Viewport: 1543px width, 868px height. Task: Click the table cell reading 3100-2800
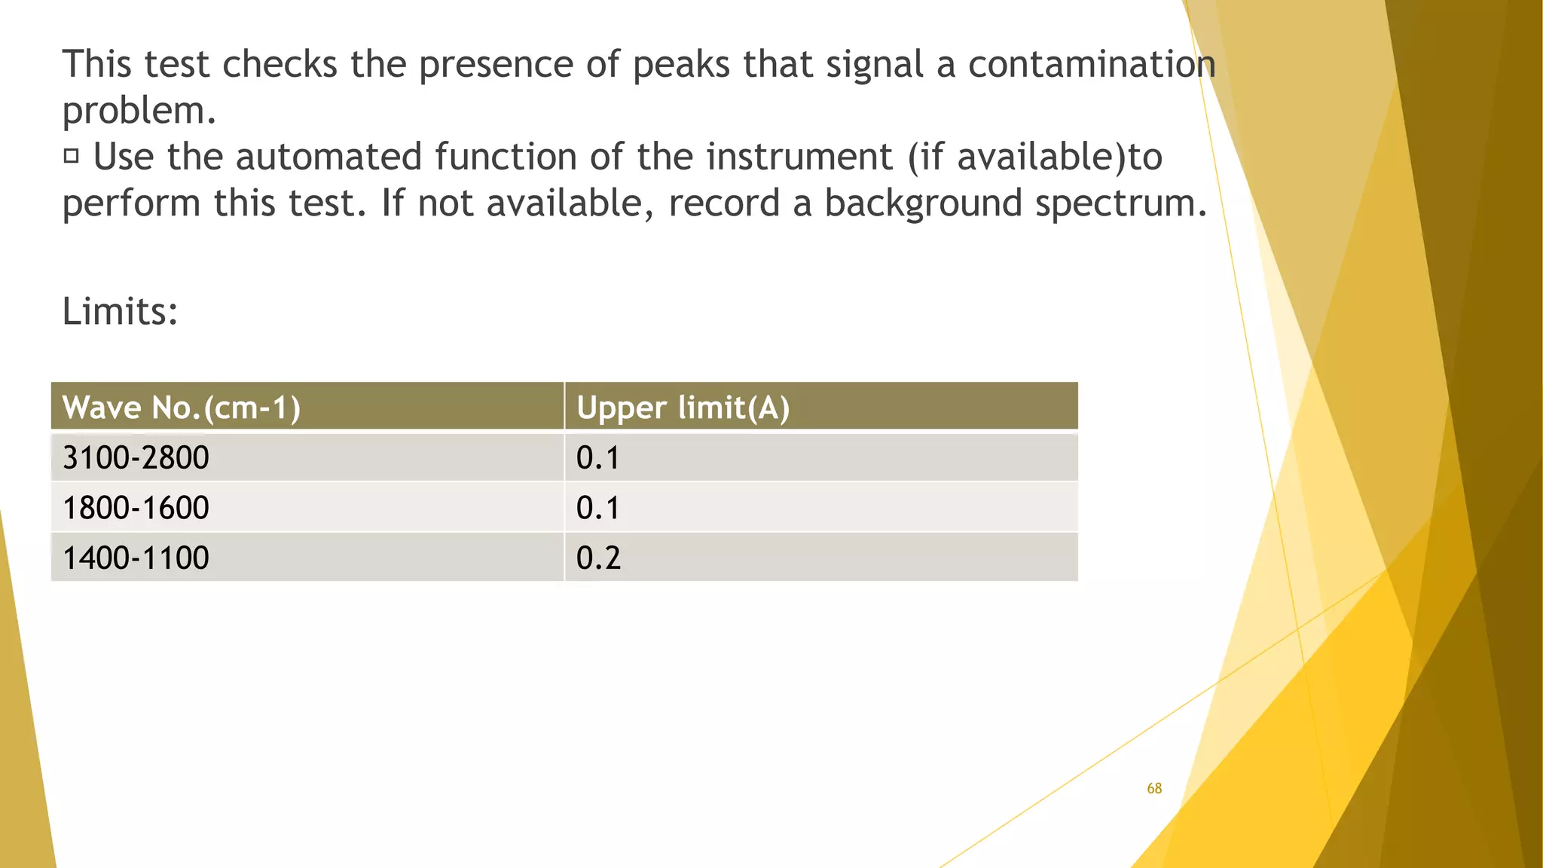pyautogui.click(x=136, y=458)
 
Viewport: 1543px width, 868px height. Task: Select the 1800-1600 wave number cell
pyautogui.click(x=136, y=508)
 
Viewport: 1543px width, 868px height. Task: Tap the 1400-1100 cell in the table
pyautogui.click(x=136, y=558)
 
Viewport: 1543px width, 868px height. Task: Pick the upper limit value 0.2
pyautogui.click(x=598, y=558)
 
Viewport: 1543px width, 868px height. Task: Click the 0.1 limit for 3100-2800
pyautogui.click(x=598, y=458)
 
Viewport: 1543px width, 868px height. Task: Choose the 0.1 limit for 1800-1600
pyautogui.click(x=598, y=508)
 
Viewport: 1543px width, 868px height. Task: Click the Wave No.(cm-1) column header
pyautogui.click(x=182, y=408)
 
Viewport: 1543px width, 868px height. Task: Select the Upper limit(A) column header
pyautogui.click(x=683, y=408)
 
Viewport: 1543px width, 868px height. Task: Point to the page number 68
pyautogui.click(x=1154, y=788)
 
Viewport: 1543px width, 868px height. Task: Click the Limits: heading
pyautogui.click(x=120, y=311)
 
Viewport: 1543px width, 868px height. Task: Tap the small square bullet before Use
pyautogui.click(x=72, y=156)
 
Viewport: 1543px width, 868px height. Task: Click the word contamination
pyautogui.click(x=1092, y=64)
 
